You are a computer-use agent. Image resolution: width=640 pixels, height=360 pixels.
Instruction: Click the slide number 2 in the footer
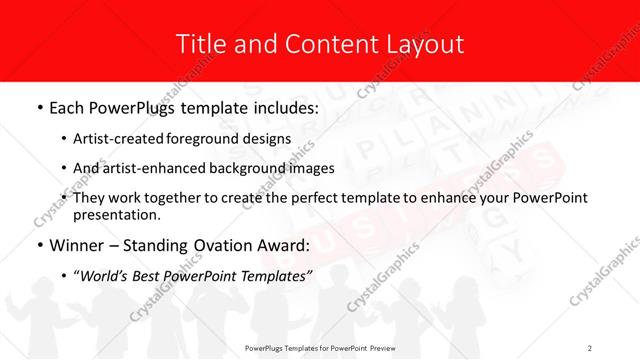coord(590,347)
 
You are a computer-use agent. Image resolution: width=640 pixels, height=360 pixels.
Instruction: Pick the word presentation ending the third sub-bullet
coord(116,214)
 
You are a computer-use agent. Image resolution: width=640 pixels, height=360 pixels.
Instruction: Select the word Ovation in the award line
coord(204,246)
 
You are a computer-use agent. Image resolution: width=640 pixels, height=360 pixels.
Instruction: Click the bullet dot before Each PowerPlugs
coord(38,107)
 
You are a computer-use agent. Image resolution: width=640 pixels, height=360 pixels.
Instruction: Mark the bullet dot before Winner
coord(38,246)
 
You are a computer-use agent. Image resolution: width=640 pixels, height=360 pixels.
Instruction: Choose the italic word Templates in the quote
coord(272,277)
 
